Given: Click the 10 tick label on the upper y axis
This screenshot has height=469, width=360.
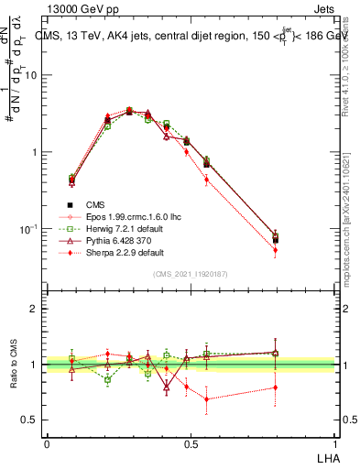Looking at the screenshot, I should [31, 76].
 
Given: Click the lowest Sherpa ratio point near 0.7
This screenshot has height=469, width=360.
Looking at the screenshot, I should [207, 398].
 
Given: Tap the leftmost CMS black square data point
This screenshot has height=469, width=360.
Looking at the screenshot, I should [72, 180].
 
